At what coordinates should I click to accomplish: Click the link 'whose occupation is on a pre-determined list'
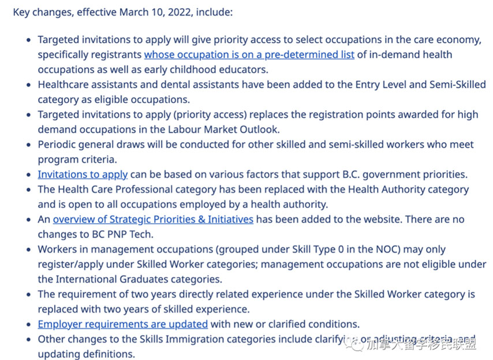click(x=249, y=55)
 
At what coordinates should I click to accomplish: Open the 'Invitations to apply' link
click(x=83, y=174)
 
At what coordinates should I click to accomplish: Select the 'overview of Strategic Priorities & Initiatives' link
click(x=153, y=219)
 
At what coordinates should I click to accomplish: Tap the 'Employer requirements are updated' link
click(x=122, y=324)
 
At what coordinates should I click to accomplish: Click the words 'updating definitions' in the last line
click(x=86, y=354)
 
